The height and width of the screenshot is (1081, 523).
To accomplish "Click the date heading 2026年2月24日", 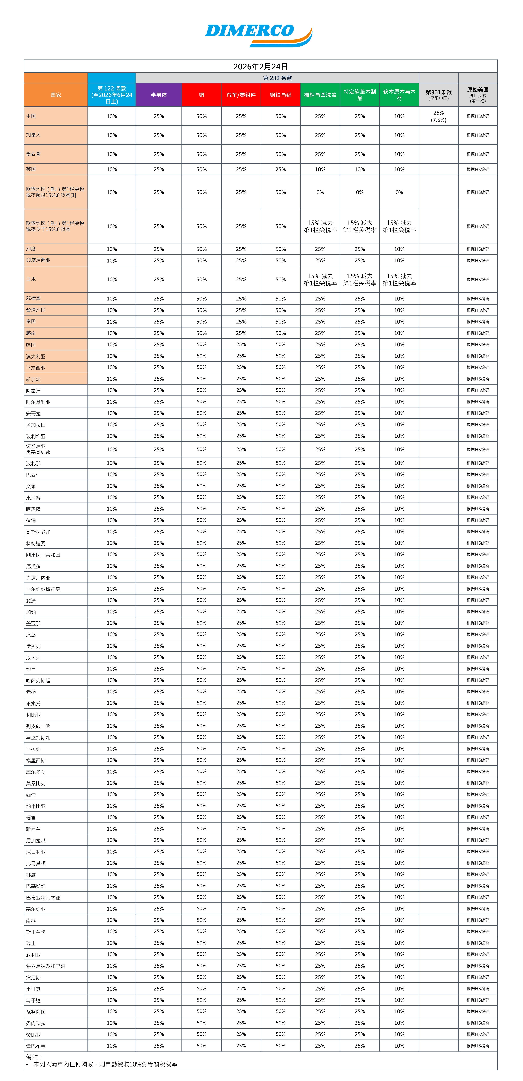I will (x=260, y=66).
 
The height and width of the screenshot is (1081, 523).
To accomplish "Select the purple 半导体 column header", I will (x=159, y=95).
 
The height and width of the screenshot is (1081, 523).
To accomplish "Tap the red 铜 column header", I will (x=201, y=95).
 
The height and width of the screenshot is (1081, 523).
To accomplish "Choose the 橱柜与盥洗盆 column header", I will (x=320, y=95).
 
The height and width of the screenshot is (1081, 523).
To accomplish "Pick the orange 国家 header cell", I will (x=56, y=95).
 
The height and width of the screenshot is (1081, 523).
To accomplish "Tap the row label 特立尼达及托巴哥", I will (x=46, y=966).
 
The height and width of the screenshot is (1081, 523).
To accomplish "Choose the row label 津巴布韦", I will (x=36, y=1046).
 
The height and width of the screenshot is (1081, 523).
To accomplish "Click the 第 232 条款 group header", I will (x=277, y=78).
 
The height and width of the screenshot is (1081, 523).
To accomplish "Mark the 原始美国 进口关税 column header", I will (x=478, y=95).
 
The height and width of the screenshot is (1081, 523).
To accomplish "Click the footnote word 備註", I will (x=34, y=1057).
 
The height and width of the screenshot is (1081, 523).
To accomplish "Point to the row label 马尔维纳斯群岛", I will (x=43, y=589).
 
